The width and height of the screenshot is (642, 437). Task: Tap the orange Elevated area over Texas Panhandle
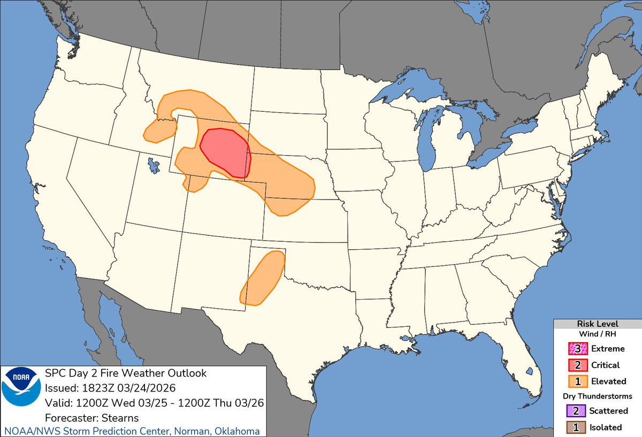263,278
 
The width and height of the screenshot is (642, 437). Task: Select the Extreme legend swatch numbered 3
577,349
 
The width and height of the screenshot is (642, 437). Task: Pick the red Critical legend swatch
577,365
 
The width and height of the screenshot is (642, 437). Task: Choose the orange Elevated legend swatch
577,381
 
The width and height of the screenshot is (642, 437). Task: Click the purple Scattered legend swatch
577,411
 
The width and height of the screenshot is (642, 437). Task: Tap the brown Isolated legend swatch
577,427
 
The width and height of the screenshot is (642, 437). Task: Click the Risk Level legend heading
597,324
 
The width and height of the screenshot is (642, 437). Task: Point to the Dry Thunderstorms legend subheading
597,396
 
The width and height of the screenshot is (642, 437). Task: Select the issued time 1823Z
93,388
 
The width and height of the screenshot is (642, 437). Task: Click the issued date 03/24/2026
141,388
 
